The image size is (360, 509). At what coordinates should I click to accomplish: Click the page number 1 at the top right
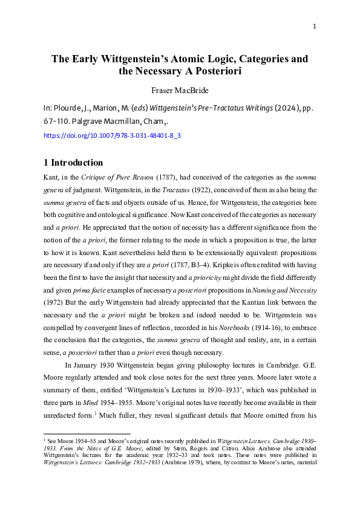pos(316,26)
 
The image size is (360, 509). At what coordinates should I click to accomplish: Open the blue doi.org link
pos(113,136)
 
